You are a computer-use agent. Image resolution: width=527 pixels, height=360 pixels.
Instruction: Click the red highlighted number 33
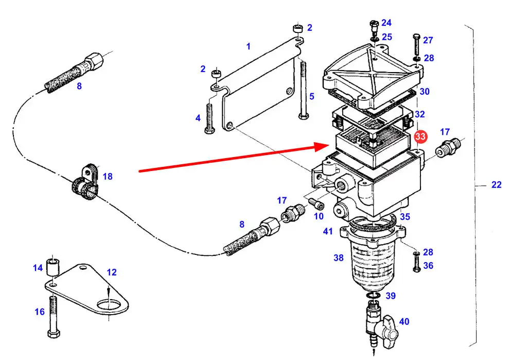[x=420, y=136]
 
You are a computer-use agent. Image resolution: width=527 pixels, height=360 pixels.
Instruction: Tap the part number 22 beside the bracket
[x=496, y=185]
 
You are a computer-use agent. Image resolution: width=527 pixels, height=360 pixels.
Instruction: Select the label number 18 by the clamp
[x=107, y=177]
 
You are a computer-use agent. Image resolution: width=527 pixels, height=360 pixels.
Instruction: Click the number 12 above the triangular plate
[x=112, y=272]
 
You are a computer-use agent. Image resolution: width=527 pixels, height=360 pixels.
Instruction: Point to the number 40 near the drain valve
[x=404, y=322]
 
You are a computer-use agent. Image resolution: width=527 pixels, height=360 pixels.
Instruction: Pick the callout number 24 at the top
[x=386, y=23]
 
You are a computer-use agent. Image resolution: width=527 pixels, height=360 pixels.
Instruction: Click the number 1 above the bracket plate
[x=248, y=46]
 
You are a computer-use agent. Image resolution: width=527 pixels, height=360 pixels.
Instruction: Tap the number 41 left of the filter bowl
[x=328, y=232]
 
